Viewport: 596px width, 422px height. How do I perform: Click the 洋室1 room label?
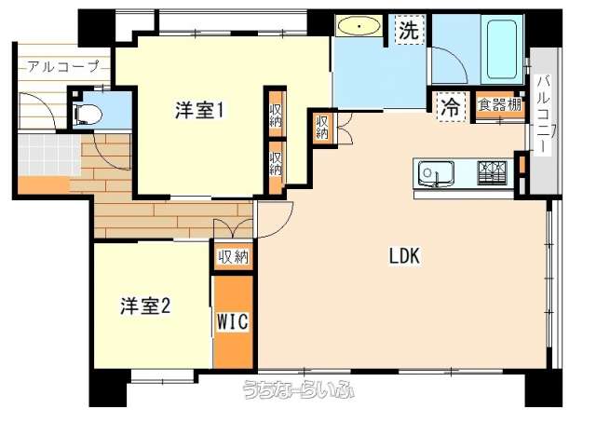[x=198, y=110]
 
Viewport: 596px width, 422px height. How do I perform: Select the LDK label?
[x=404, y=256]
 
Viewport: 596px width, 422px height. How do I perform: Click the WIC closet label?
[x=233, y=322]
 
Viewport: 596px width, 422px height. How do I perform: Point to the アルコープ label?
[x=63, y=67]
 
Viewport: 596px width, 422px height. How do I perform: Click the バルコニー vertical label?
[x=544, y=114]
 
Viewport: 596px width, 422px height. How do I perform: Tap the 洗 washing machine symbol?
[x=409, y=30]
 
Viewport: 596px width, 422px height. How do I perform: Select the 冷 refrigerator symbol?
[x=451, y=107]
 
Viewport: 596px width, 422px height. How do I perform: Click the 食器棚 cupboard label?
[x=499, y=104]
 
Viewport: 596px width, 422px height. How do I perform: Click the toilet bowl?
[x=88, y=114]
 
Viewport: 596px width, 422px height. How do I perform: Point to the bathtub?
[x=501, y=49]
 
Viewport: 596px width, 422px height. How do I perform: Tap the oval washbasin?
[x=359, y=27]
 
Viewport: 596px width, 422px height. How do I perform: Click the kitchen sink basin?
[x=436, y=174]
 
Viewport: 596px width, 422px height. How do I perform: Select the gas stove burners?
[x=492, y=172]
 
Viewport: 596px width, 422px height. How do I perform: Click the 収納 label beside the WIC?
[x=234, y=258]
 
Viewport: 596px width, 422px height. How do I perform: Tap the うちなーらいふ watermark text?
[x=299, y=388]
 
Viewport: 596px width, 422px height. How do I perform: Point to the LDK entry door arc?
[x=280, y=227]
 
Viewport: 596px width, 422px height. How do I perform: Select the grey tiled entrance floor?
[x=48, y=154]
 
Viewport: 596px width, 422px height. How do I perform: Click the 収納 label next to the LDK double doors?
[x=322, y=128]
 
